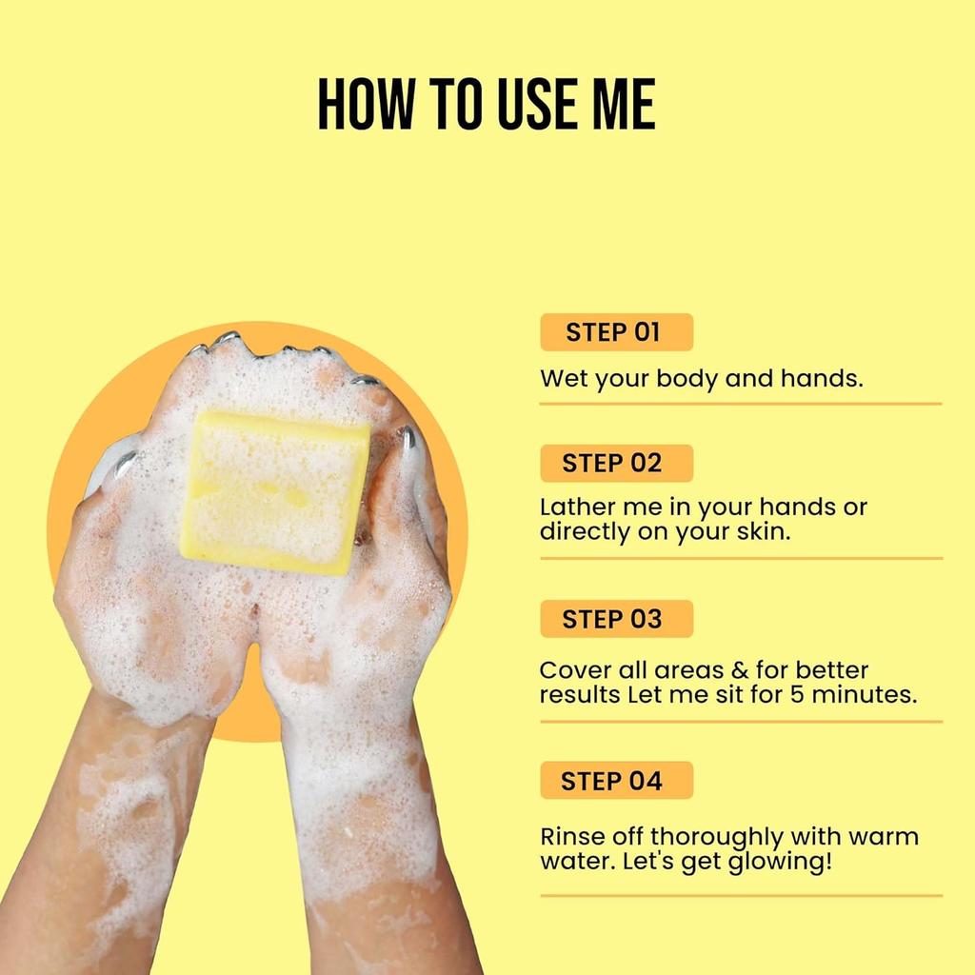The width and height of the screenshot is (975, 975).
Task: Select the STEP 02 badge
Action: (615, 464)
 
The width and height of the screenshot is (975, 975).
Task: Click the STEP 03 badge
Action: (615, 619)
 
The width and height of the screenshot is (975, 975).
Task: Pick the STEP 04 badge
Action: (615, 781)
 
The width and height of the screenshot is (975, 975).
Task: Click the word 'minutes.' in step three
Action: (864, 694)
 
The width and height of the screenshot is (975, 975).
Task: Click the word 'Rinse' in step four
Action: (572, 838)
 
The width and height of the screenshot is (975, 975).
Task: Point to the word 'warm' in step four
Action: (882, 838)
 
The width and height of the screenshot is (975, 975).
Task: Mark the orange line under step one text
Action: (740, 404)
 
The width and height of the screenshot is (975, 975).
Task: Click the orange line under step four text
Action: (740, 895)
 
